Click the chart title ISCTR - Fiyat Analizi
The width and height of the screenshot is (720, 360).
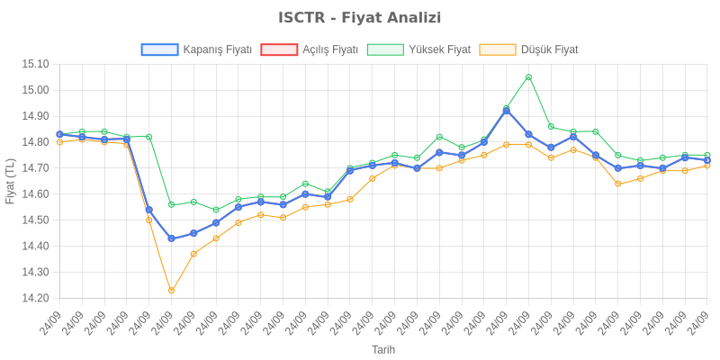[360, 18]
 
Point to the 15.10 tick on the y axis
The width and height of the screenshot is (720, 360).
[35, 64]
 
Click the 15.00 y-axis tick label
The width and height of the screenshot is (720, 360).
[35, 90]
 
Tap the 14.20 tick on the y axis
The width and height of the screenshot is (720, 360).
[35, 298]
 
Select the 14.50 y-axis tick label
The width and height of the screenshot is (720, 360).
[35, 220]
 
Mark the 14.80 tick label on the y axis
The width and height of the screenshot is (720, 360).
[35, 142]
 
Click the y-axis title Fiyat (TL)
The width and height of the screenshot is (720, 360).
[10, 181]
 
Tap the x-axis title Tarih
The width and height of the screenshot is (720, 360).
[383, 349]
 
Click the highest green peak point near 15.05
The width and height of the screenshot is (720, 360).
[528, 76]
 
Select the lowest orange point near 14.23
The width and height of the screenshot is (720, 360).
[171, 291]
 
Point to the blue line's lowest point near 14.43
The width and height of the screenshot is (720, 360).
[171, 238]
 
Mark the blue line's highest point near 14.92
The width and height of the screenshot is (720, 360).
[506, 110]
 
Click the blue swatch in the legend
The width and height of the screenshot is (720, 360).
[159, 49]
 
